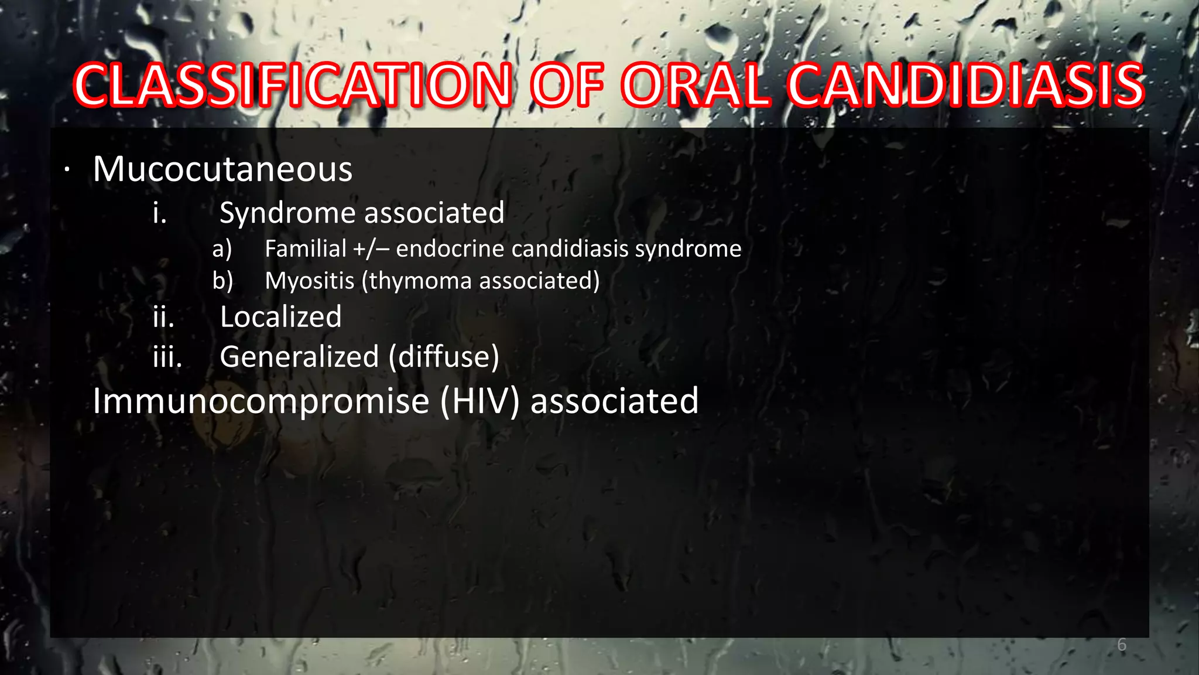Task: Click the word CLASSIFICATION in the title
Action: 293,86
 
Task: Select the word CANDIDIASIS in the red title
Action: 965,86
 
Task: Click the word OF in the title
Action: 567,86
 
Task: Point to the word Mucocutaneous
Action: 222,169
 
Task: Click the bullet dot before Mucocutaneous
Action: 67,171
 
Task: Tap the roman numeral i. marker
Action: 160,213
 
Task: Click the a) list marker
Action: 222,250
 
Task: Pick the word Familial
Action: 306,249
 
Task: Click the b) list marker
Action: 222,281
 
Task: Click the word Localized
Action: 280,318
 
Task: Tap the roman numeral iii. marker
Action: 167,357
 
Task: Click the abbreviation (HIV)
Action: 479,402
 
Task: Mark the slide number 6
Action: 1121,645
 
